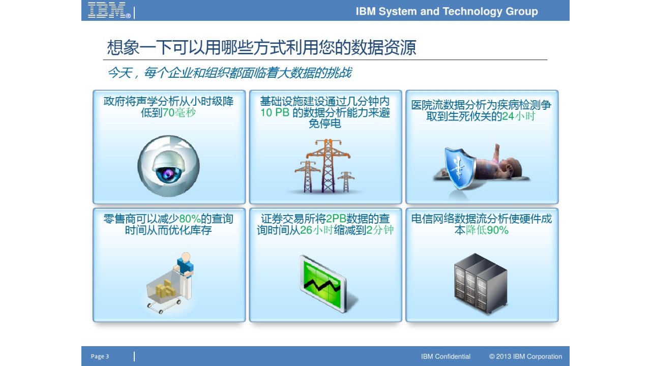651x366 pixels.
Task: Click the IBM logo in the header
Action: click(x=109, y=10)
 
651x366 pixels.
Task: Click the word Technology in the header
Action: click(x=472, y=11)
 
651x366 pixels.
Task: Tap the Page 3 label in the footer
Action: click(x=100, y=356)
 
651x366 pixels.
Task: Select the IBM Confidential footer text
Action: click(x=446, y=356)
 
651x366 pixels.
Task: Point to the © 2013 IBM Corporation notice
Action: click(x=525, y=356)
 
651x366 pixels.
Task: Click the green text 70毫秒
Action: click(x=179, y=113)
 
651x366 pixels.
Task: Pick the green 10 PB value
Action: click(x=275, y=113)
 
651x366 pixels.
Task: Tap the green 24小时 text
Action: click(x=518, y=116)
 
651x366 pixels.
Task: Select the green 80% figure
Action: click(x=190, y=219)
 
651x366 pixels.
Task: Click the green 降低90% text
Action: click(x=487, y=230)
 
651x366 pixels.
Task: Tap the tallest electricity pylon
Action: click(x=328, y=166)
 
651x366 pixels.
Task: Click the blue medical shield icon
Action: click(x=460, y=167)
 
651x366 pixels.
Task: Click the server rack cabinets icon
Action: click(x=481, y=284)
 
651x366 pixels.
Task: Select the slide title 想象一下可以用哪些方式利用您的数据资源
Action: click(x=261, y=47)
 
